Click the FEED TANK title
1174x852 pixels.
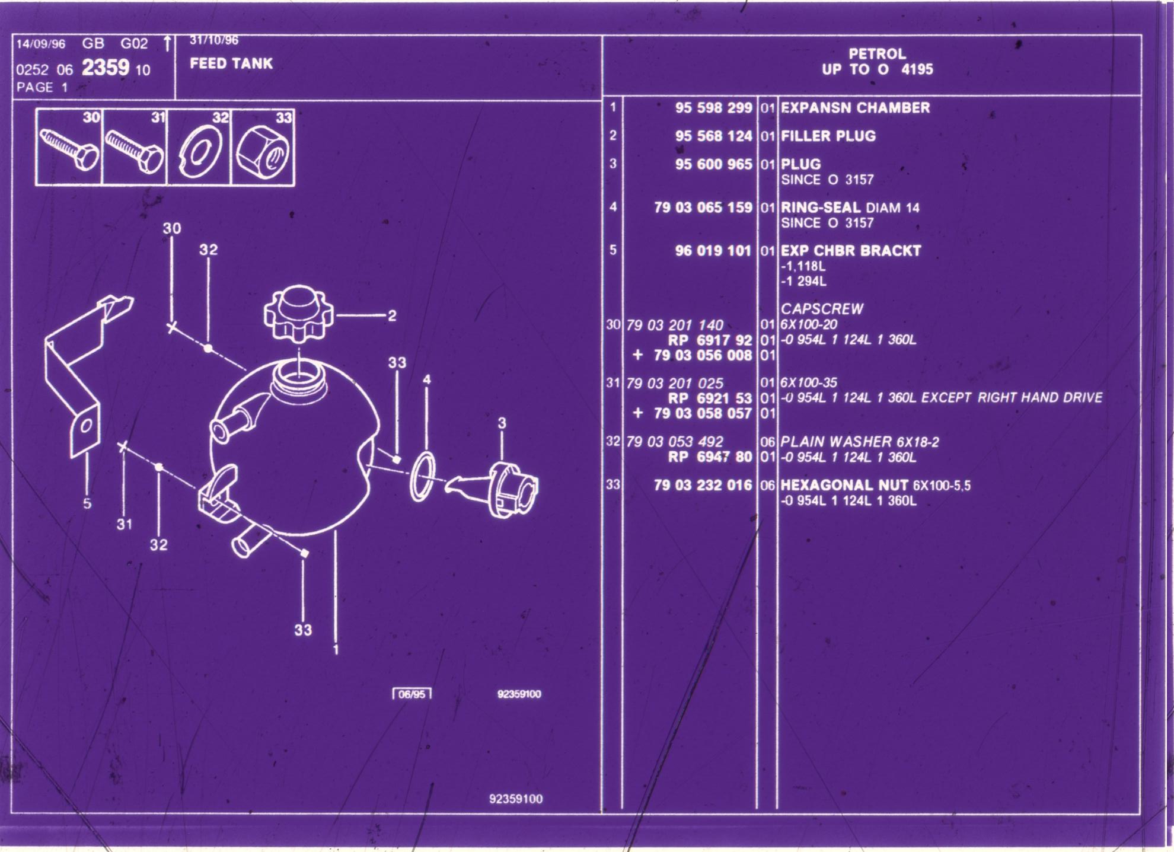point(231,63)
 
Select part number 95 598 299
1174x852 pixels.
point(713,108)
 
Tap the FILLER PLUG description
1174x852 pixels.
point(828,136)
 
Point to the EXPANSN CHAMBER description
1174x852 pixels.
point(855,108)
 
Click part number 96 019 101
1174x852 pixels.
point(713,251)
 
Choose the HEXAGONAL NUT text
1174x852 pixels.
point(844,485)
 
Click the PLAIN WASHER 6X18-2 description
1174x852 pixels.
point(860,442)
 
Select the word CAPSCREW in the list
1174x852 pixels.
point(822,309)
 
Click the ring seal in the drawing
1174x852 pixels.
point(422,476)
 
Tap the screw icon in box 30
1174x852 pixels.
point(69,148)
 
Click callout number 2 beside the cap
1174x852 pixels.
point(391,316)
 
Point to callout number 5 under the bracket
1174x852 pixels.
point(87,503)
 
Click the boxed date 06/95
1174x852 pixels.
point(412,694)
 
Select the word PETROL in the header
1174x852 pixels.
point(877,54)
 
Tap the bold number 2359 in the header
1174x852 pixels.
point(105,68)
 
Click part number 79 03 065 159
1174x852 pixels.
point(703,208)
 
